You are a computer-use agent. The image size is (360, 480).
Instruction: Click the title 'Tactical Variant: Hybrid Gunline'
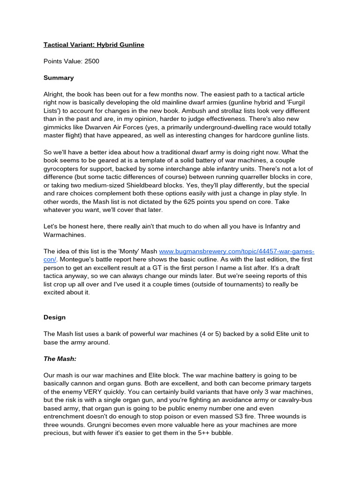(x=94, y=45)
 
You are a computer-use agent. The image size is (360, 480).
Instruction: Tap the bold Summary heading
(x=59, y=78)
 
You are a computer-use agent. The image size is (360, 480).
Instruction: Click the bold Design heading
(x=54, y=317)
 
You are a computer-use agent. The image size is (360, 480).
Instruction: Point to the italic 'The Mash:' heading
(x=60, y=359)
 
